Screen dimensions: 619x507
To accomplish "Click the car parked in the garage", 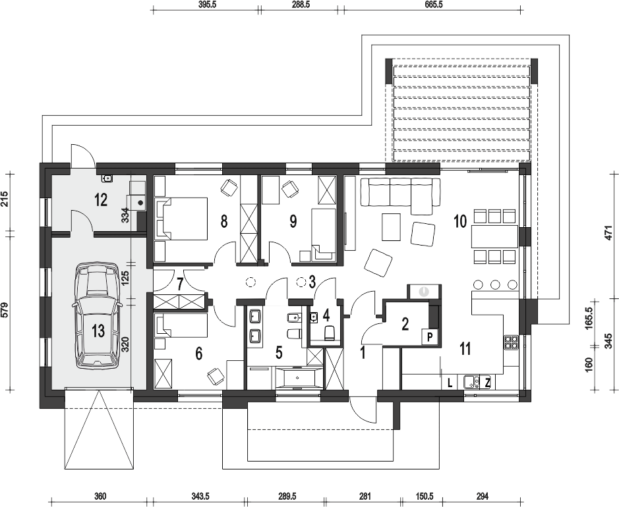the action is click(98, 316).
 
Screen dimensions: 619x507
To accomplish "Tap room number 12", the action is click(101, 200).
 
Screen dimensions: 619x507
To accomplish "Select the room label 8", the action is click(224, 222).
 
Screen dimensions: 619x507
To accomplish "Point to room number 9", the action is click(293, 221).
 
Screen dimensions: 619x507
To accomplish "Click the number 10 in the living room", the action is click(460, 222).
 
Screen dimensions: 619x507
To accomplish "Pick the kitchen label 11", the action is click(465, 348).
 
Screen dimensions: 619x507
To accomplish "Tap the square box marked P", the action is click(430, 337).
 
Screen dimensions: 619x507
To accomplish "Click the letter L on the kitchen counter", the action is click(450, 383).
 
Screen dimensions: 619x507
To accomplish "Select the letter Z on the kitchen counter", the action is click(488, 383).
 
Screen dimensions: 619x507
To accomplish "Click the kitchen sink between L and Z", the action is click(471, 382).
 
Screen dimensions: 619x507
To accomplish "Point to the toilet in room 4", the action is click(329, 333).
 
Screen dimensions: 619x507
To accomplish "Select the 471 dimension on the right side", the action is click(608, 233).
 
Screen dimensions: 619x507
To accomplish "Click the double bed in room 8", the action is click(181, 219).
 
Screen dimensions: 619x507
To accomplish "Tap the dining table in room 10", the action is click(494, 236).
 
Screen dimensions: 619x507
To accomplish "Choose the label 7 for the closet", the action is click(180, 284).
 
